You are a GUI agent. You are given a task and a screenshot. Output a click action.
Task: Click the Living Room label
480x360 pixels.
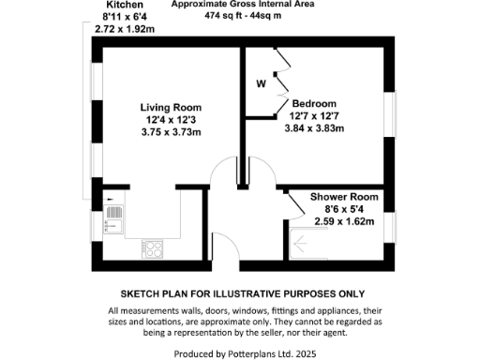(165, 106)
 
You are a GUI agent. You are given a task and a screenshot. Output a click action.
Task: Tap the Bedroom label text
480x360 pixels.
(314, 103)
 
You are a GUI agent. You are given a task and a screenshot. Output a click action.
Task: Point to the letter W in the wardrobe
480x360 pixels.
(262, 83)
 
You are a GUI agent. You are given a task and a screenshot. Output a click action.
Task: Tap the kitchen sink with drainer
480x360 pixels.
(113, 217)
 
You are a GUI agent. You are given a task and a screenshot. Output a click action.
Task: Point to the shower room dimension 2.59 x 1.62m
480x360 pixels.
(343, 221)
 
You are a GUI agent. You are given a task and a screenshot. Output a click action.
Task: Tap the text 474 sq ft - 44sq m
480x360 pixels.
(242, 17)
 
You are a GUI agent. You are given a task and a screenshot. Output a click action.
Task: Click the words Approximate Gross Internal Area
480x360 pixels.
(242, 5)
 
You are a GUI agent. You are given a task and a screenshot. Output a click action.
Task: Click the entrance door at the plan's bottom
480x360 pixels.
(222, 244)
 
